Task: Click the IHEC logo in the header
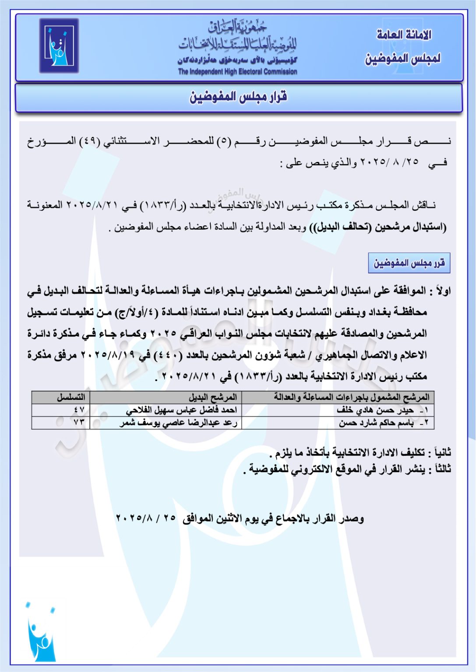pos(59,45)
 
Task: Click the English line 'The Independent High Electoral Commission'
pos(237,71)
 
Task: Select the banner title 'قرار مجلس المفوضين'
pos(238,97)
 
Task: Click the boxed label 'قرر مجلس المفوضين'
pos(409,263)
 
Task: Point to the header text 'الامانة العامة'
pos(404,35)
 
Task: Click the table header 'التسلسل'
pos(71,397)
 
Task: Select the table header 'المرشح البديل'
pos(213,397)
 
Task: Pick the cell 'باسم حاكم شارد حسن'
pos(376,423)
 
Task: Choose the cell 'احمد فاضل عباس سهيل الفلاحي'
pos(181,410)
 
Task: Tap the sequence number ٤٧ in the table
pos(79,410)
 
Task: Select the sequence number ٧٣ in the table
pos(79,423)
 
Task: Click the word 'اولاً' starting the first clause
pos(441,291)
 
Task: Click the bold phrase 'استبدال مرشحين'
pos(409,227)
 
